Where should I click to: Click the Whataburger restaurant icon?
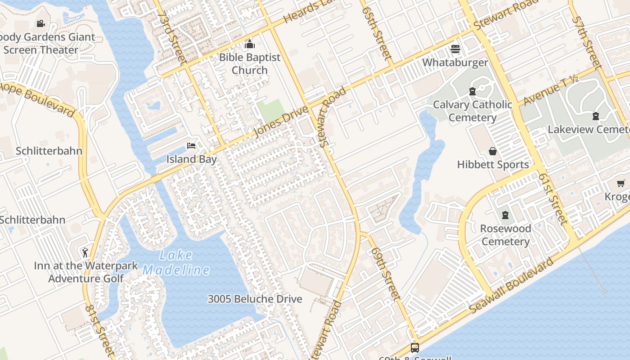coord(455,49)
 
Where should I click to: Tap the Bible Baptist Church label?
coord(250,64)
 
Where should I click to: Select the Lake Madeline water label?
coord(176,263)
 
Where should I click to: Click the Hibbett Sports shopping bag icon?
coord(493,151)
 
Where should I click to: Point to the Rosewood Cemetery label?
coord(505,235)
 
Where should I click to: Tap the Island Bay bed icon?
coord(191,146)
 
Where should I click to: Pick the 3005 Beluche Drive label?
coord(255,299)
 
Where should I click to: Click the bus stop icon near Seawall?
coord(414,347)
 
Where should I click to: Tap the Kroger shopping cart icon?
coord(621,183)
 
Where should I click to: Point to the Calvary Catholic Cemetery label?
coord(472,111)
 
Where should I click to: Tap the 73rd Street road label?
coord(173,38)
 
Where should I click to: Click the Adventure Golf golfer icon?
coord(85,252)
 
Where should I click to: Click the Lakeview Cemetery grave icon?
coord(596,117)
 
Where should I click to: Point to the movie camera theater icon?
coord(40,23)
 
